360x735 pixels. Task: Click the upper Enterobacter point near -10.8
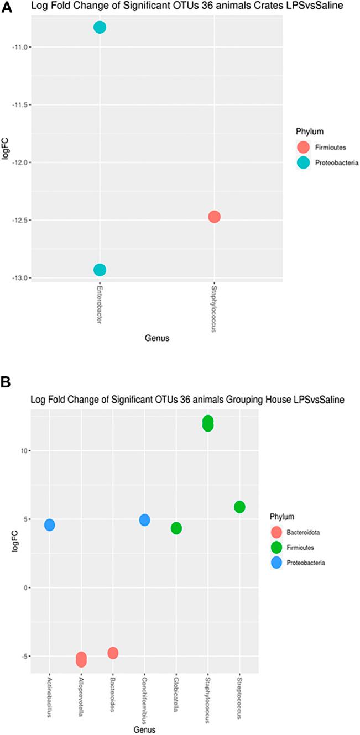point(100,28)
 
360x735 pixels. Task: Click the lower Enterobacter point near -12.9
point(100,270)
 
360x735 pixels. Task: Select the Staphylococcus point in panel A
point(215,216)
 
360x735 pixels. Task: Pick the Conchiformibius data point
point(144,520)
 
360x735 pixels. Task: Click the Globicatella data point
point(176,528)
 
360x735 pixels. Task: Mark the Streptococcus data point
point(239,507)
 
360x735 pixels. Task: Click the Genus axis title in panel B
point(144,728)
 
